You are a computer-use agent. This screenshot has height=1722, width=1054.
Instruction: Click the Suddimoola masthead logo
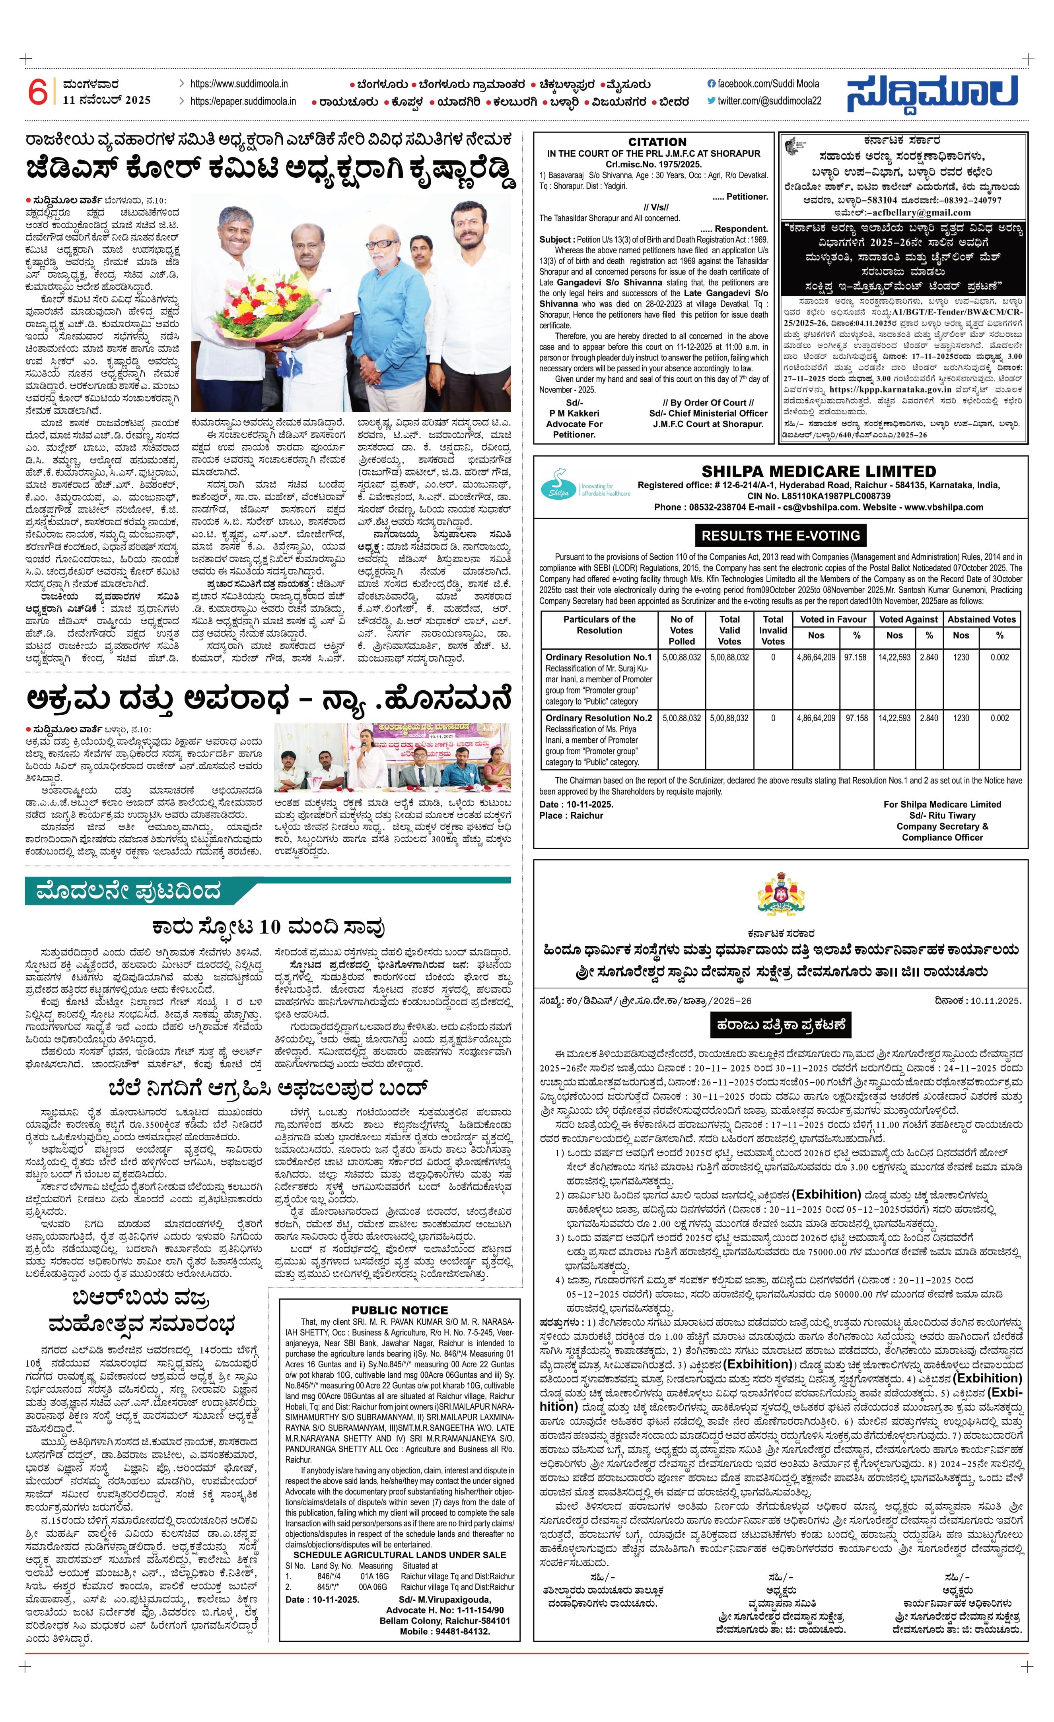pyautogui.click(x=933, y=93)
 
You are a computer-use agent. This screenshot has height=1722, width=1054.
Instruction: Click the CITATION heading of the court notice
pyautogui.click(x=657, y=142)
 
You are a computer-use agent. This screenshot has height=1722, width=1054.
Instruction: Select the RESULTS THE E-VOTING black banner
pyautogui.click(x=780, y=536)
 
